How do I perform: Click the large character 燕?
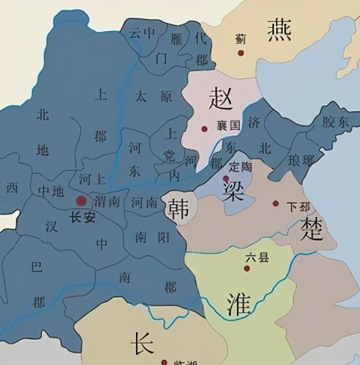point(280,29)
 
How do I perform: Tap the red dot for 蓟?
point(240,53)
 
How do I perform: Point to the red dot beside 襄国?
point(205,128)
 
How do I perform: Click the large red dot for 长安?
point(81,200)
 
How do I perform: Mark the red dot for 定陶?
point(227,178)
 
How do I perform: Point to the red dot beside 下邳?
point(276,203)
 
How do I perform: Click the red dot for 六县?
point(247,268)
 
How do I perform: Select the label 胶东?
point(335,122)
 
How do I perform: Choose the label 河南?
point(146,202)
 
